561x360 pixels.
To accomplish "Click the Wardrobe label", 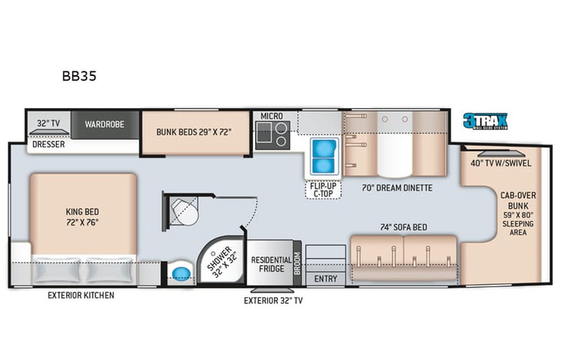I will [105, 124].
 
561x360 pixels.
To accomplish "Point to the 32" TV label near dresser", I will [48, 123].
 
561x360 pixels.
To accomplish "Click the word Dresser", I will [48, 144].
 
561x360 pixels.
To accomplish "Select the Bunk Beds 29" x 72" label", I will [194, 131].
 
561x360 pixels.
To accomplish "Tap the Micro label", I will [272, 116].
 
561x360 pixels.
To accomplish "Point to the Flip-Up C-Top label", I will [324, 189].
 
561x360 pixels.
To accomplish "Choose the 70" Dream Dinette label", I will [397, 187].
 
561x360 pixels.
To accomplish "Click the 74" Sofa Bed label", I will [404, 227].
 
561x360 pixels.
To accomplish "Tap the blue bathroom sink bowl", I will [182, 272].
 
